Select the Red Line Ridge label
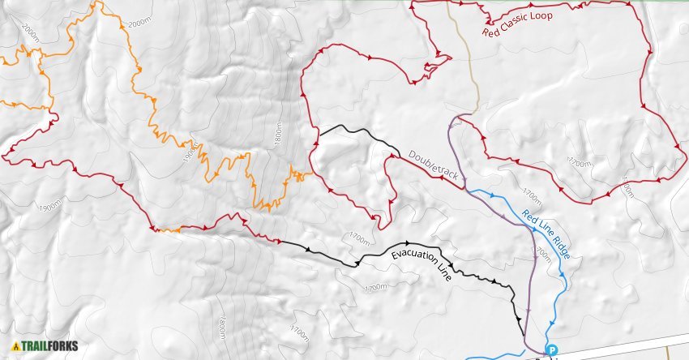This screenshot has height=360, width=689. (546, 235)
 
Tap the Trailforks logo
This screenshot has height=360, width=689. (45, 347)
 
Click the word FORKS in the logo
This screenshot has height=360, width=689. (63, 347)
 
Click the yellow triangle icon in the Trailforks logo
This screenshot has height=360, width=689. (16, 347)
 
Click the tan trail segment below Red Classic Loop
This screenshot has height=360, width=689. (469, 65)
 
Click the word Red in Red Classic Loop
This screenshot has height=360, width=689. (491, 33)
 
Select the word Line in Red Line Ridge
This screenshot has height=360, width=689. (543, 232)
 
